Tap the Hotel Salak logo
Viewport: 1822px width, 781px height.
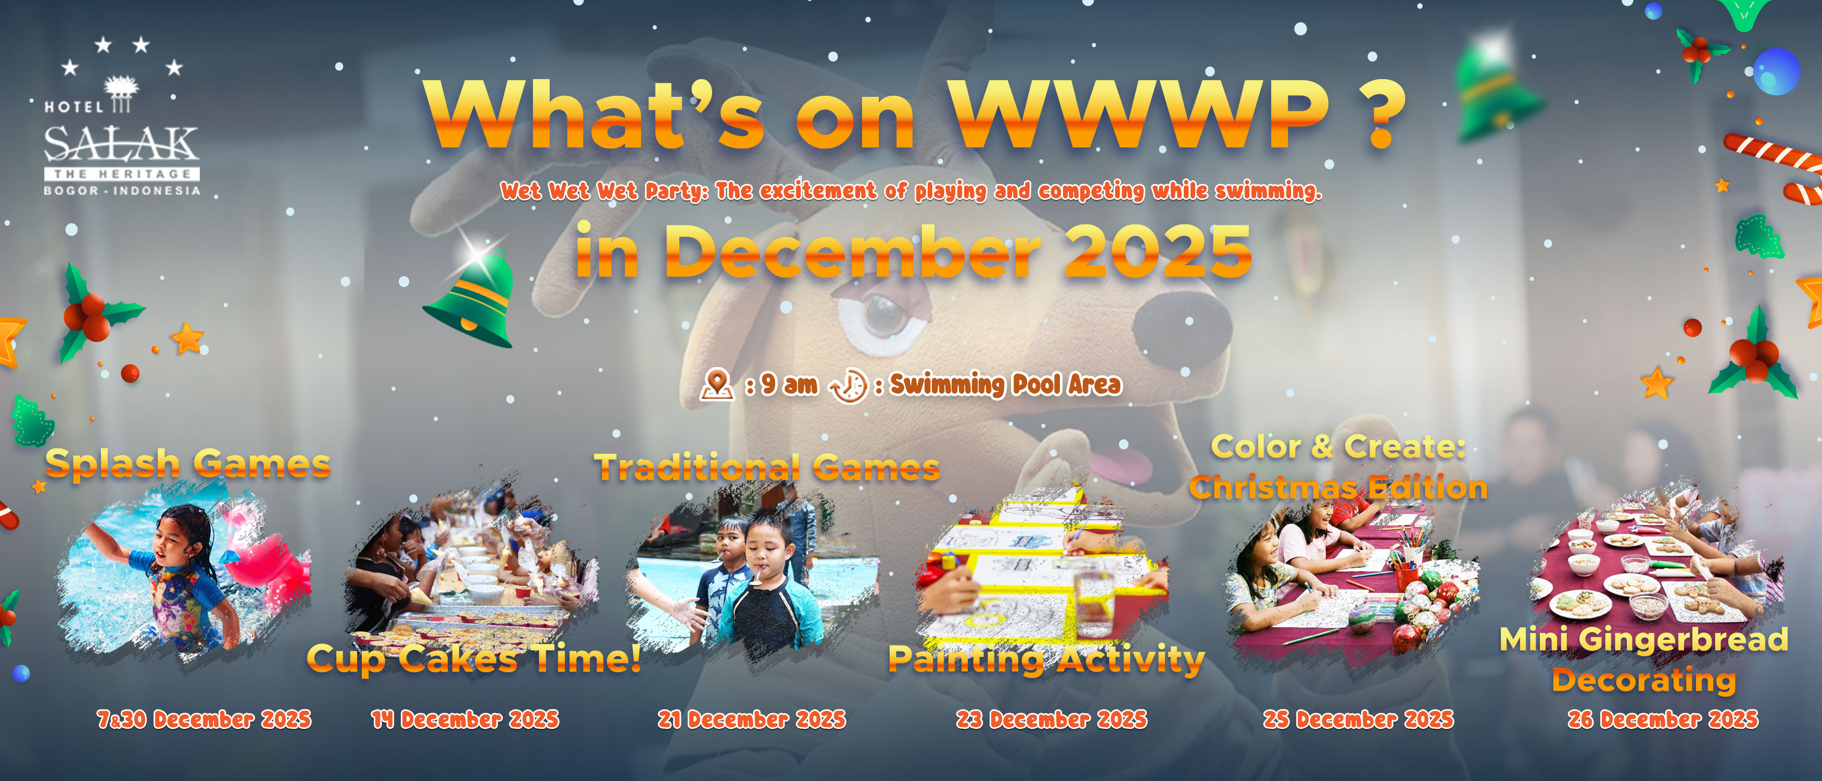[x=122, y=117]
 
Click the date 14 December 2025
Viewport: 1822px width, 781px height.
[x=465, y=720]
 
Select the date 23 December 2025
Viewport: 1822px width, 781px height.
[x=1052, y=720]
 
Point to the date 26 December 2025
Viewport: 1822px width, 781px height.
[x=1663, y=720]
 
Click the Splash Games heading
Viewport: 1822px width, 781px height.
[x=188, y=464]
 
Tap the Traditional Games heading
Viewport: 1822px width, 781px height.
[x=767, y=468]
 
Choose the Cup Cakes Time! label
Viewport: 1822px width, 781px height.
[x=474, y=659]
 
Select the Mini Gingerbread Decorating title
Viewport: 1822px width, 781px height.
[x=1644, y=659]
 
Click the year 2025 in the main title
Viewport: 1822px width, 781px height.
[x=1158, y=252]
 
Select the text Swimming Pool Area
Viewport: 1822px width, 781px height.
[x=1005, y=385]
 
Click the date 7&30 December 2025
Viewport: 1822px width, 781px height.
[x=204, y=720]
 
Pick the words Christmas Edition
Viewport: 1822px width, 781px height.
[x=1338, y=488]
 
